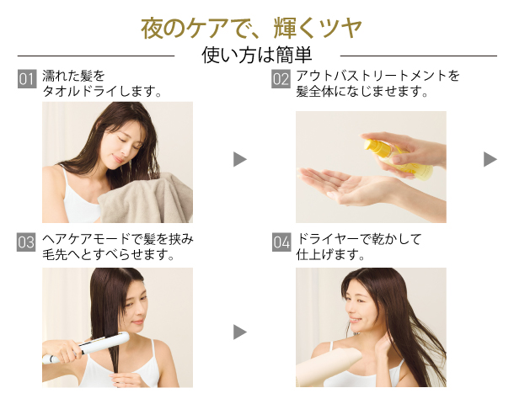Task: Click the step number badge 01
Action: (x=26, y=80)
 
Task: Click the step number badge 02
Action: (x=281, y=80)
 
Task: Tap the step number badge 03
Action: (x=26, y=243)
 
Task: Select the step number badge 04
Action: (x=281, y=243)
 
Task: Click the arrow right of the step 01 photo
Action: (x=240, y=159)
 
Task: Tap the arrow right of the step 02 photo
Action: (x=490, y=159)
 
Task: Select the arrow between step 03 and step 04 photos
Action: (x=240, y=332)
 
